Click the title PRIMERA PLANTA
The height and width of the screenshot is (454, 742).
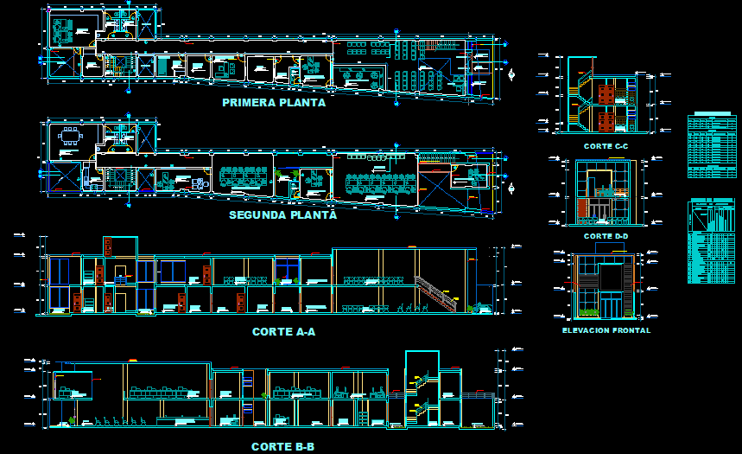click(274, 102)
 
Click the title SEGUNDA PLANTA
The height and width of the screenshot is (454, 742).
click(282, 214)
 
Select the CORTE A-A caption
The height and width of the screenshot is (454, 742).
click(283, 331)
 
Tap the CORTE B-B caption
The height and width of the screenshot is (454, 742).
click(282, 446)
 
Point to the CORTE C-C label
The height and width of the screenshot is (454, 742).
click(606, 146)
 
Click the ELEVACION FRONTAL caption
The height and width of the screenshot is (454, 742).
click(606, 330)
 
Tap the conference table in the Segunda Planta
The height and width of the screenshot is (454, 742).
click(68, 136)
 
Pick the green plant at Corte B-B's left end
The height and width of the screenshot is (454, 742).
click(72, 421)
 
